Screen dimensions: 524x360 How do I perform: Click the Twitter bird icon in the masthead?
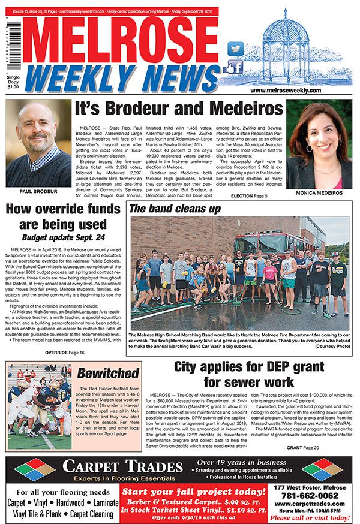point(236,48)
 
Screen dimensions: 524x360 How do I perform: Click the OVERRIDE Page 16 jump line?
point(64,353)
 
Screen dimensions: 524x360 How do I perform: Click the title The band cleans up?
point(175,209)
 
